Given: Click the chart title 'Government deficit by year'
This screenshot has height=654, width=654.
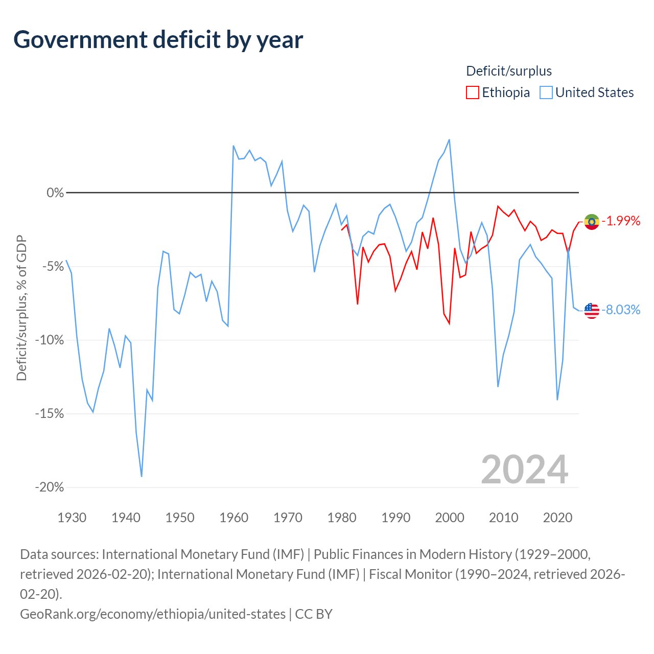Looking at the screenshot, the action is click(x=158, y=40).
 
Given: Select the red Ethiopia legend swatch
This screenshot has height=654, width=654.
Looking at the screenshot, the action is click(x=473, y=92).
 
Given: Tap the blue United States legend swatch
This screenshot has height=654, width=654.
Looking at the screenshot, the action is click(x=546, y=92).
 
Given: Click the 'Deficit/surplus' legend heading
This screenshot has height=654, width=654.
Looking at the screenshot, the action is click(x=509, y=71).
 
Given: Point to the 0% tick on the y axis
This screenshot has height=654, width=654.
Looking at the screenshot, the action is click(x=55, y=193).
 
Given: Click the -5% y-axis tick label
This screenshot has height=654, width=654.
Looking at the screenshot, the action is click(x=53, y=266).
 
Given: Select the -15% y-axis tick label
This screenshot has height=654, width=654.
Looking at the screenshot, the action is click(x=50, y=414).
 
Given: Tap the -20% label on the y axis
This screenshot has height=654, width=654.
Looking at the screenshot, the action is click(x=50, y=487).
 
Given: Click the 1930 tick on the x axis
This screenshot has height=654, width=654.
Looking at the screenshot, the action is click(x=72, y=518).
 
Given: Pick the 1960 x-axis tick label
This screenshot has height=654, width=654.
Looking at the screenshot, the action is click(x=234, y=518).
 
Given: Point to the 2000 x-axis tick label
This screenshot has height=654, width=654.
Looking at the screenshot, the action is click(x=450, y=518).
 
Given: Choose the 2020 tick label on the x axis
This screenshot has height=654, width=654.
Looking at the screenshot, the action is click(x=557, y=518).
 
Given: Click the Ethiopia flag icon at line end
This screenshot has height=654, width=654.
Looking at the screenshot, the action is click(x=592, y=222).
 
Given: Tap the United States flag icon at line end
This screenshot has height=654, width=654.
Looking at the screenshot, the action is click(x=592, y=311).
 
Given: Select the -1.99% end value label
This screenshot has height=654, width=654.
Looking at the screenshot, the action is click(x=621, y=221).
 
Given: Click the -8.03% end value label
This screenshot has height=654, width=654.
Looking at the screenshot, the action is click(x=621, y=310).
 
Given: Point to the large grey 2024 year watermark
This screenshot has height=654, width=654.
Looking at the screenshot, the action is click(x=525, y=470).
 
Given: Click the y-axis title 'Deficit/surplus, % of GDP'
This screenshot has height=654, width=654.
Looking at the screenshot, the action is click(x=22, y=308).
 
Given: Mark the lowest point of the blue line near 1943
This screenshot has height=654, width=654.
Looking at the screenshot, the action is click(x=142, y=477).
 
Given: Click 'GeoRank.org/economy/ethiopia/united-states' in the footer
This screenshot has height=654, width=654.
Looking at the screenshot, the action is click(x=153, y=614).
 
